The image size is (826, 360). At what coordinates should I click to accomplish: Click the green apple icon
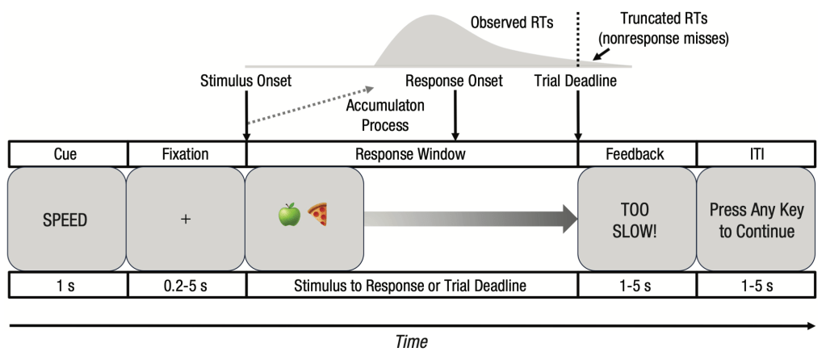(289, 215)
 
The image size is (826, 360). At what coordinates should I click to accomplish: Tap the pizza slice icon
(317, 215)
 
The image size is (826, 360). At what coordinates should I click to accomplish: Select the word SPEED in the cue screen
(65, 220)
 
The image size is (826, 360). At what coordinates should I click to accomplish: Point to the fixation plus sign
(186, 220)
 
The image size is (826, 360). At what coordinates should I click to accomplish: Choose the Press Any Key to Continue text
(757, 220)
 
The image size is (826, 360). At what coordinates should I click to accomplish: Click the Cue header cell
(68, 154)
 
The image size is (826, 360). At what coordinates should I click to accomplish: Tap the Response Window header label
(410, 154)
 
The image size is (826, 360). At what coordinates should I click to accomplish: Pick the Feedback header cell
(637, 154)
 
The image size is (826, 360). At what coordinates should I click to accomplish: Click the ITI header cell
(757, 154)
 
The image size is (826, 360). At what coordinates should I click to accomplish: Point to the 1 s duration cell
(68, 286)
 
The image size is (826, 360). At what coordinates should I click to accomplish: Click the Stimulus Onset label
(245, 81)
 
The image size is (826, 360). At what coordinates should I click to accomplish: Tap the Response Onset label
(454, 81)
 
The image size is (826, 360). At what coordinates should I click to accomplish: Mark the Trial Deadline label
(575, 81)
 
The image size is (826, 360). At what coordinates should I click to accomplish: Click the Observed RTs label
(512, 23)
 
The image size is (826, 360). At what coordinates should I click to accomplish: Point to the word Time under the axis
(412, 341)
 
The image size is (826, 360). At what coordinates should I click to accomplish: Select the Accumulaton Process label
(385, 115)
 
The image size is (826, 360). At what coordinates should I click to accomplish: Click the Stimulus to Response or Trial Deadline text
(410, 287)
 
